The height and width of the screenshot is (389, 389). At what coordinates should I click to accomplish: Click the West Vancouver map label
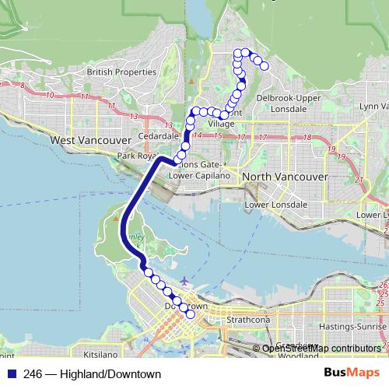87,140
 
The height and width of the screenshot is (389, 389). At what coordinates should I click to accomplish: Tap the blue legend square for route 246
9,374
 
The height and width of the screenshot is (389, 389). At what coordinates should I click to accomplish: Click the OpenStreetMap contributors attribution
321,348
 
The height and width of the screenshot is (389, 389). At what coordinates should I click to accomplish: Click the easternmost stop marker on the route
264,66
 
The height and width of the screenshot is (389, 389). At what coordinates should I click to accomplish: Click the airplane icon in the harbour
184,281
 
